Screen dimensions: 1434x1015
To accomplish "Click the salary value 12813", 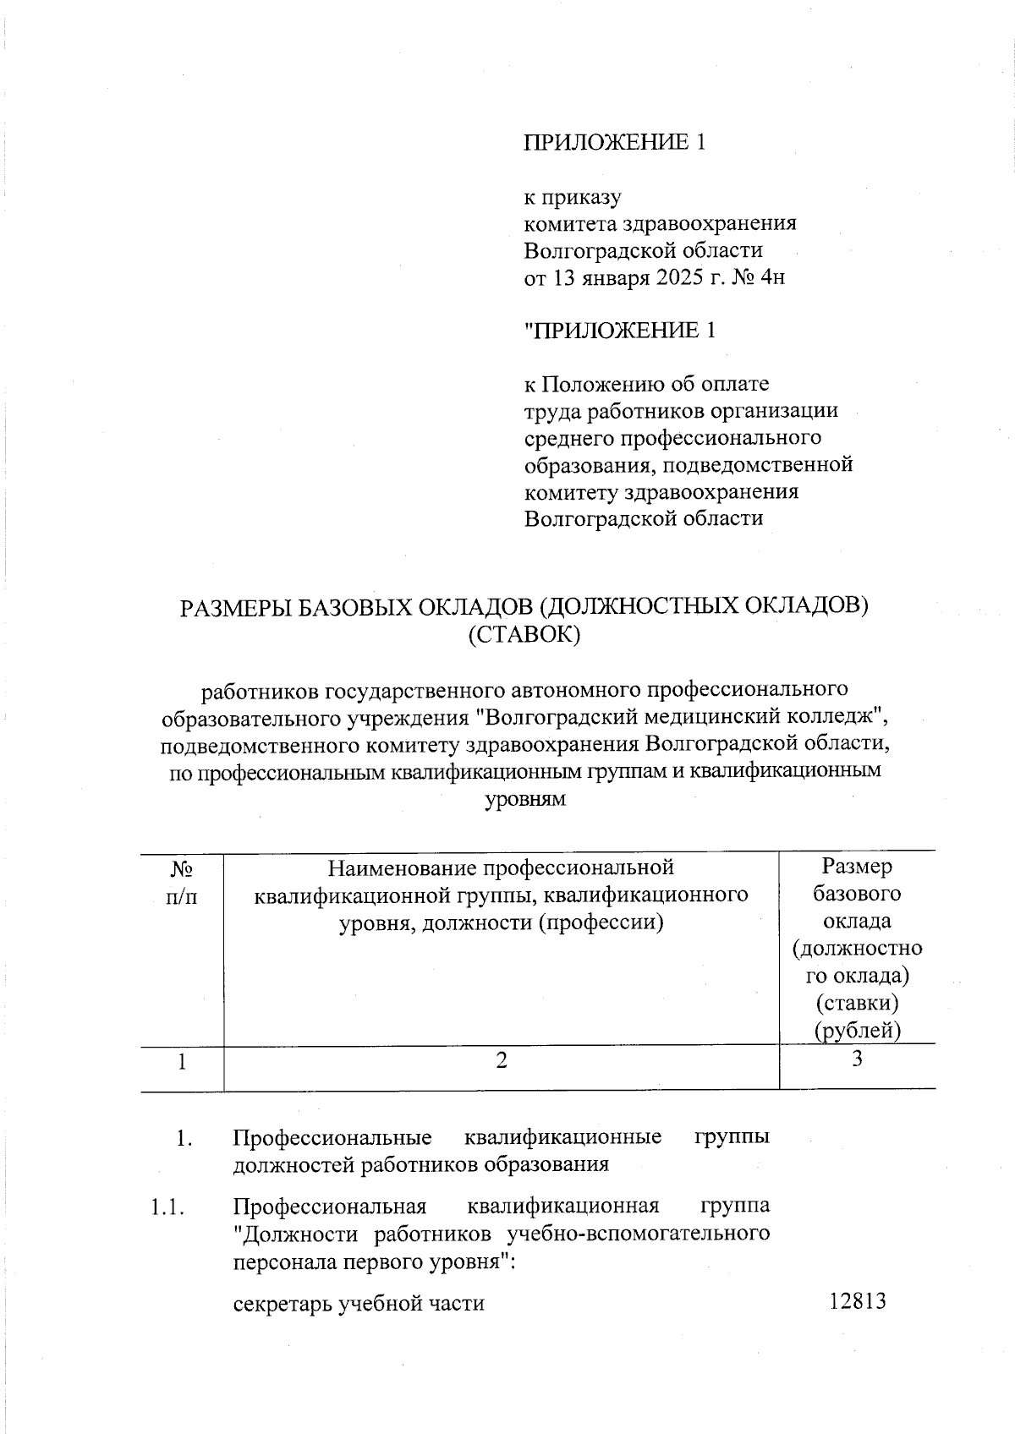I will coord(857,1301).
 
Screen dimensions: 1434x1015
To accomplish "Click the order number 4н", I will coord(771,277).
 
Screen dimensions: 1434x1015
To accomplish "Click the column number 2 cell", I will coord(502,1060).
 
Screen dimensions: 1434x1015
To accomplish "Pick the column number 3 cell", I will coord(857,1059).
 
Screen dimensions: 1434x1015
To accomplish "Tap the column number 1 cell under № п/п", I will coord(182,1061).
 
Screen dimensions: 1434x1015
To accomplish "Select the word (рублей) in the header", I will coord(857,1031).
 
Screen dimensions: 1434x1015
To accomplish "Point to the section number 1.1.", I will coord(167,1207).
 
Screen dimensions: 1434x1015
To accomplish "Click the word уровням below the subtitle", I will coord(524,799).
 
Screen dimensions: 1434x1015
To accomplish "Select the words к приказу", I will coord(573,198).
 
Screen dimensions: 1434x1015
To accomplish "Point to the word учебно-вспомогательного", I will coord(638,1234).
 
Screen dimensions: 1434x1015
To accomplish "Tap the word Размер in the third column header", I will coord(857,867).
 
